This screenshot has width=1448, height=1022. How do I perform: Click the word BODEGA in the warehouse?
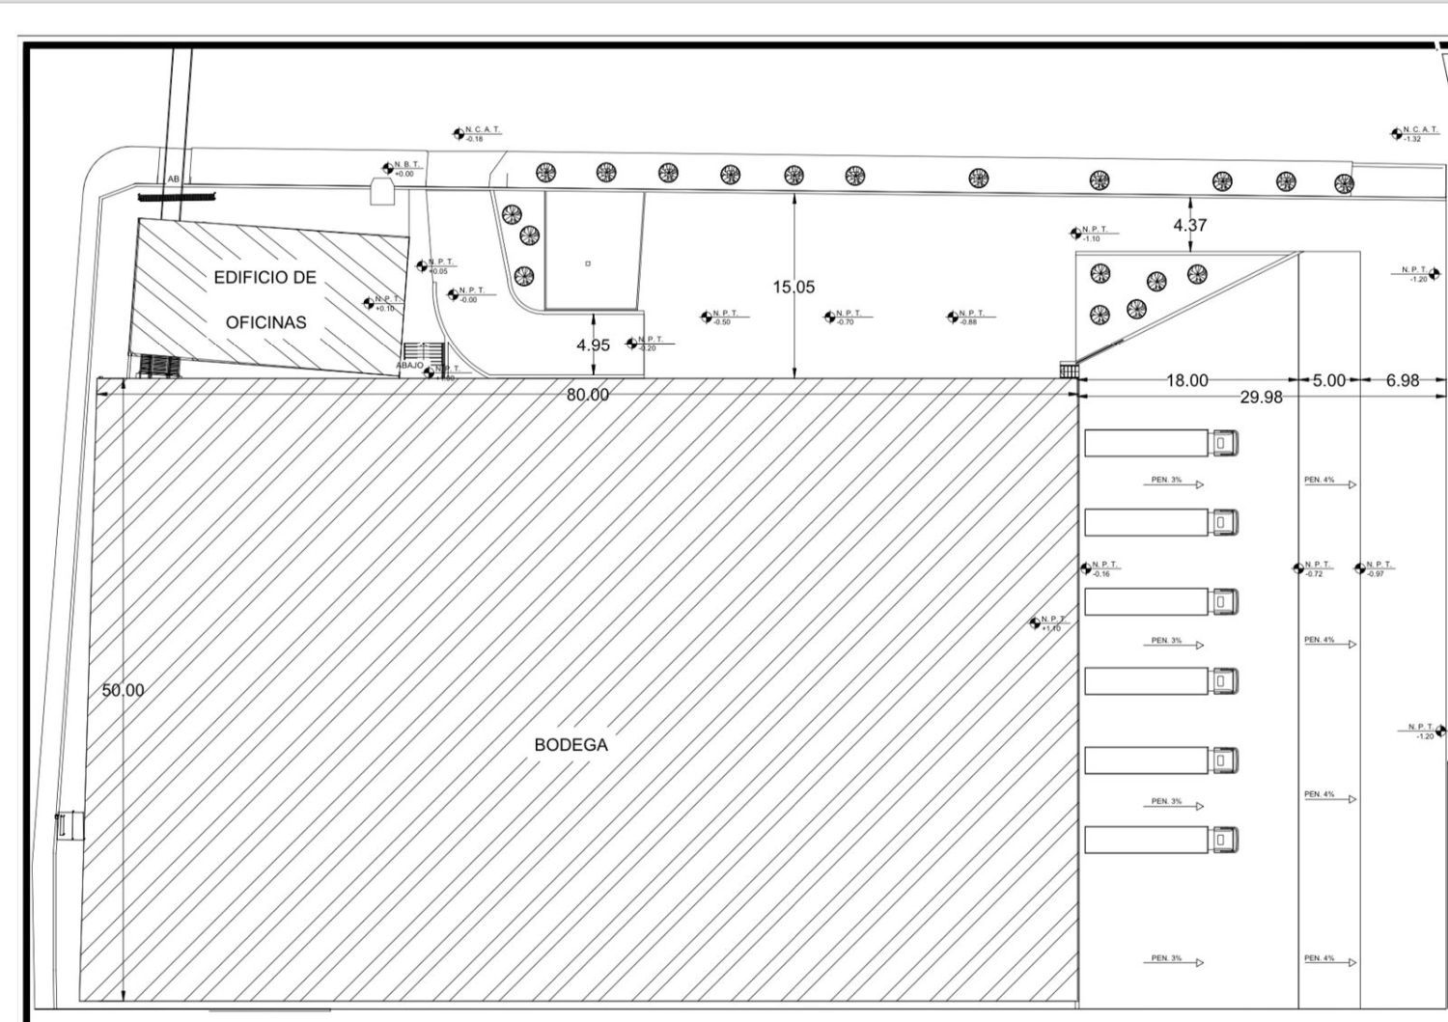coord(571,745)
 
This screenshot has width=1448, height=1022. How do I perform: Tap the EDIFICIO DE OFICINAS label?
coord(265,299)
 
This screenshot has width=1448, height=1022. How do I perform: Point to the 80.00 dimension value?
coord(588,395)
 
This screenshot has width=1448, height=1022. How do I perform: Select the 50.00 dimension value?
coord(123,690)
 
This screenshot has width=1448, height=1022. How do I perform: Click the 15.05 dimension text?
coord(794,287)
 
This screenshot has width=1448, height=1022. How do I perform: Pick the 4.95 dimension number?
coord(593,345)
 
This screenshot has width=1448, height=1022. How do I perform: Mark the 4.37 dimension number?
coord(1189,225)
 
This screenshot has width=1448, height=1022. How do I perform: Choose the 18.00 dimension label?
coord(1187,380)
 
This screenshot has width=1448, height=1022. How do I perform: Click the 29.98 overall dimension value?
coord(1261,397)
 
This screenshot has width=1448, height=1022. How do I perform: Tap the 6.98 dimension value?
coord(1403,380)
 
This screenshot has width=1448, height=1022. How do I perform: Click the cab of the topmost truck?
coord(1223,443)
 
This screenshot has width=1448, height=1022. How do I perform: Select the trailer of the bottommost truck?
coord(1146,840)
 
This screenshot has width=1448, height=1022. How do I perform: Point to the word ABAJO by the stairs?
coord(409,366)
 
